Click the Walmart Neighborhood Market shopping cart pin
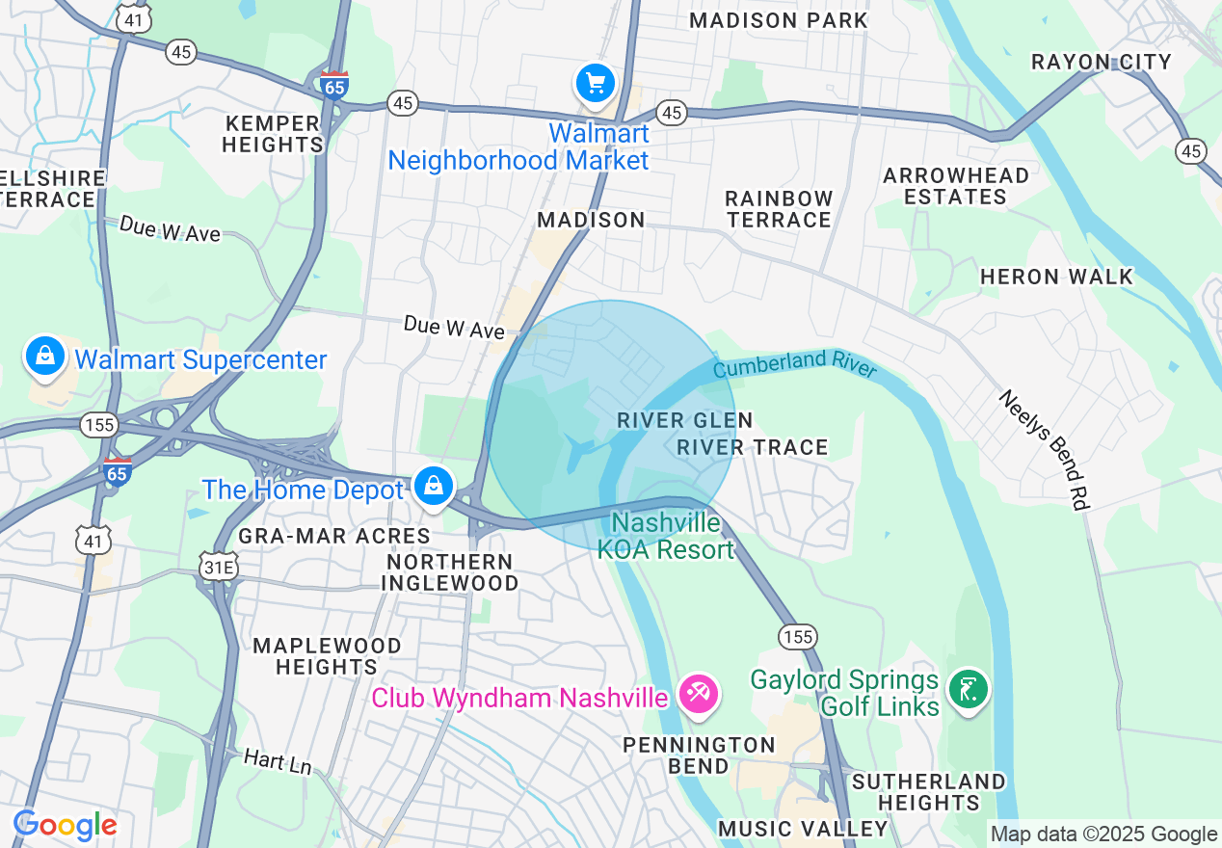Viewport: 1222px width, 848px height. pyautogui.click(x=596, y=84)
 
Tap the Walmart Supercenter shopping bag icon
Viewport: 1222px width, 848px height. pyautogui.click(x=44, y=357)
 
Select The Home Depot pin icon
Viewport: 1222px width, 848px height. pyautogui.click(x=435, y=487)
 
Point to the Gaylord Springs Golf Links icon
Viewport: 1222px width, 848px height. pyautogui.click(x=968, y=689)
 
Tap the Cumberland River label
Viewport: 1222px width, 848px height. pyautogui.click(x=795, y=365)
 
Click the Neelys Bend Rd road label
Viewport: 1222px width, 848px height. pyautogui.click(x=1044, y=449)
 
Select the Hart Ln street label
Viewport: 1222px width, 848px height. pyautogui.click(x=278, y=761)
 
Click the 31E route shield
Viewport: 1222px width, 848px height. pyautogui.click(x=219, y=568)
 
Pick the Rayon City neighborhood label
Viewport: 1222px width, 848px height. pyautogui.click(x=1101, y=62)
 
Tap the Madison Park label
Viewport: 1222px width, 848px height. pyautogui.click(x=779, y=20)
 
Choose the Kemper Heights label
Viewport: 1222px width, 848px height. pyautogui.click(x=272, y=134)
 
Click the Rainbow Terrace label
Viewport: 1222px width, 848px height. pyautogui.click(x=779, y=209)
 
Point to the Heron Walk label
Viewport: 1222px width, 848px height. pyautogui.click(x=1056, y=277)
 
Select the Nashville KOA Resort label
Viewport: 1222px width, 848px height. pyautogui.click(x=666, y=536)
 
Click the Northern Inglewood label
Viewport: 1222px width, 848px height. pyautogui.click(x=449, y=572)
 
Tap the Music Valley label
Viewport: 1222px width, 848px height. pyautogui.click(x=803, y=829)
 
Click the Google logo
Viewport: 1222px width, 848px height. pyautogui.click(x=65, y=825)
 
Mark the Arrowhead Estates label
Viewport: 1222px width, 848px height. pyautogui.click(x=955, y=186)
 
